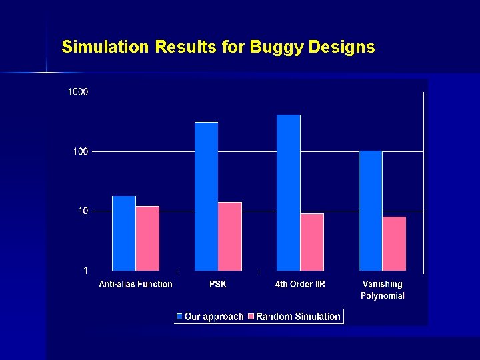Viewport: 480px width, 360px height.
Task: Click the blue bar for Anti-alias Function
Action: click(124, 233)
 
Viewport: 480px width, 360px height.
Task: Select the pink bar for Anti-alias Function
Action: click(147, 239)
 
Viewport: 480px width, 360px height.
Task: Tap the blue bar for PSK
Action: click(206, 197)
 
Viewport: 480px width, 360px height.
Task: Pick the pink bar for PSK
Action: click(230, 237)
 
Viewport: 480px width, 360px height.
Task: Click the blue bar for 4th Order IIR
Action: click(289, 193)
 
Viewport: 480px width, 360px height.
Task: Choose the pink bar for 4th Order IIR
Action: click(312, 242)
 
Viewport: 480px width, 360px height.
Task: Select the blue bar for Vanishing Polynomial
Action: click(371, 211)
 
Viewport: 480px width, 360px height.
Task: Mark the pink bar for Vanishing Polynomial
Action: click(394, 244)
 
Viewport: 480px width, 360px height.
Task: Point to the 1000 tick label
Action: click(78, 92)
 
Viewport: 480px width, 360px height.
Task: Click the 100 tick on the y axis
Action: click(80, 152)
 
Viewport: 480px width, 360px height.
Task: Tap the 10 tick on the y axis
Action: click(82, 211)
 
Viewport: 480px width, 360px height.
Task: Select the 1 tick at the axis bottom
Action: click(85, 271)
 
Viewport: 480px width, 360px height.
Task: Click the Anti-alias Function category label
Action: click(135, 285)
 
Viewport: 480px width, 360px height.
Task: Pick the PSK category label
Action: click(218, 285)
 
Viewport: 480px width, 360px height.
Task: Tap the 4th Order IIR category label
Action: click(300, 285)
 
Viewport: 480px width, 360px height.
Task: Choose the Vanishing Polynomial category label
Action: click(383, 290)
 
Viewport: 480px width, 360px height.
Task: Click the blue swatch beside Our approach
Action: click(179, 317)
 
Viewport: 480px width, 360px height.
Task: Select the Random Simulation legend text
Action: click(298, 317)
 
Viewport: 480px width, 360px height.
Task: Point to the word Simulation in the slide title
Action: click(105, 47)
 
